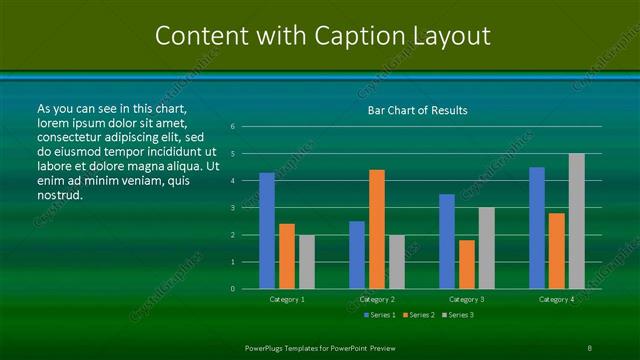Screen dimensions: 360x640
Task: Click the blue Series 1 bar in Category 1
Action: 267,231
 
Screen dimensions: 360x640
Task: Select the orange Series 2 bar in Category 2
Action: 377,229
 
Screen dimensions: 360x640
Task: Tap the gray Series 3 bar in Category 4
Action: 577,221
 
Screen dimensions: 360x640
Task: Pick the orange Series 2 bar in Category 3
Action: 467,264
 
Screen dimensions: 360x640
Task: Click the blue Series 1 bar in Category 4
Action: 537,228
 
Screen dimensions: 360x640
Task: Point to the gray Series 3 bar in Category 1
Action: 307,262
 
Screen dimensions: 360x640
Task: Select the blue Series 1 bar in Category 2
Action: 357,255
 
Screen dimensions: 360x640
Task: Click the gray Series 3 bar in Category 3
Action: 487,248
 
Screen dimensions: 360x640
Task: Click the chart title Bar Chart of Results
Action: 417,110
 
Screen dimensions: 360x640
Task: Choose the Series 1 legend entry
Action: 380,315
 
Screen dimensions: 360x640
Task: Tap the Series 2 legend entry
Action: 419,315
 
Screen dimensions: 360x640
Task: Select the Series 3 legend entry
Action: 458,315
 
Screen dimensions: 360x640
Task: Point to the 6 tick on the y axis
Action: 232,127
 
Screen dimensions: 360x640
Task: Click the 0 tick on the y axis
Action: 232,289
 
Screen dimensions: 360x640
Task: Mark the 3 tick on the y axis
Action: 232,208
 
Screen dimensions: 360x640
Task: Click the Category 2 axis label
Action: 377,299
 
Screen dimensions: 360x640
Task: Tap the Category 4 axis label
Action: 557,299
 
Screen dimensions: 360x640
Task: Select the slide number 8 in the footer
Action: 589,347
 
